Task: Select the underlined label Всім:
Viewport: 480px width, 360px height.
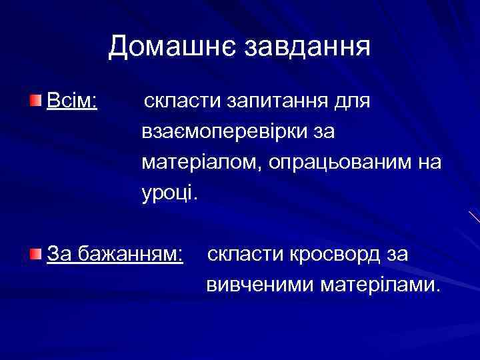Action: click(x=72, y=102)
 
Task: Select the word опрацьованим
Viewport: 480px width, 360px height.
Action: click(x=342, y=164)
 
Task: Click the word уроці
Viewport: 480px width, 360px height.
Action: click(x=169, y=194)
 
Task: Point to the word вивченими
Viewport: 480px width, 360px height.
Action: click(x=260, y=285)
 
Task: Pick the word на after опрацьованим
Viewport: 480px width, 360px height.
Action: click(x=429, y=164)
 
